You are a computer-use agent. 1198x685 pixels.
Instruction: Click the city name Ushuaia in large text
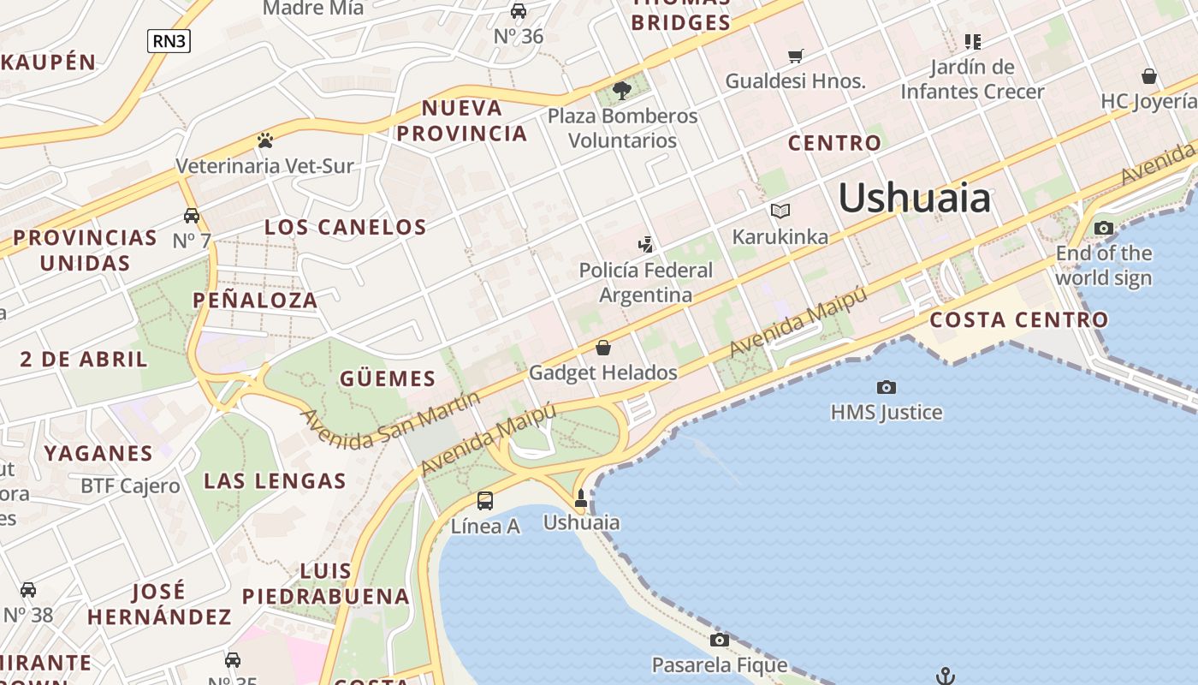click(x=914, y=199)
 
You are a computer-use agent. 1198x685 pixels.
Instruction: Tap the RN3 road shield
click(x=169, y=40)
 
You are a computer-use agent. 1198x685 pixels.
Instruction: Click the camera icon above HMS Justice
click(x=887, y=388)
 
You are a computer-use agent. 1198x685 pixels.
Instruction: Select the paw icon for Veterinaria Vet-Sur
click(x=265, y=140)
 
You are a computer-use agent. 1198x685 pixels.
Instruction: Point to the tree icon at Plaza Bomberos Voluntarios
click(x=622, y=90)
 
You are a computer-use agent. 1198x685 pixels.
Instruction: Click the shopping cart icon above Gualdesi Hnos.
click(x=796, y=57)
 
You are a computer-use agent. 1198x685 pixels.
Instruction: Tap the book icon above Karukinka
click(x=780, y=211)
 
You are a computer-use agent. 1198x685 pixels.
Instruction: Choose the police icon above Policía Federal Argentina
click(x=645, y=245)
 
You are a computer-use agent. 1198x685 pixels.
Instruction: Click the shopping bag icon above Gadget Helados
click(x=603, y=348)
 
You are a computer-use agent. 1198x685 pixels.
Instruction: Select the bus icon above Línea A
click(x=485, y=501)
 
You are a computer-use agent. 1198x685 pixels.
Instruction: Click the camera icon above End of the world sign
click(x=1104, y=228)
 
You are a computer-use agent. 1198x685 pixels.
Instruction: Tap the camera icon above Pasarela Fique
click(x=720, y=640)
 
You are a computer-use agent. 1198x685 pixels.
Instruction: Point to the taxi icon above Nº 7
click(x=192, y=216)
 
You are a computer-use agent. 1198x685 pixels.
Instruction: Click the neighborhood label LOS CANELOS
click(x=345, y=227)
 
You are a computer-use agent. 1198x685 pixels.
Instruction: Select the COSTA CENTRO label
click(x=1018, y=320)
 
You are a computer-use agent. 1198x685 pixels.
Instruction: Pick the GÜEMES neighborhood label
click(x=388, y=378)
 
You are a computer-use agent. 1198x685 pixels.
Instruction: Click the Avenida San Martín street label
click(x=389, y=420)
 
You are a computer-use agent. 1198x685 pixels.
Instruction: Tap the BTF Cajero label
click(x=130, y=486)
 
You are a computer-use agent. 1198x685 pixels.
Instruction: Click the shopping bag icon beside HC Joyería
click(x=1149, y=76)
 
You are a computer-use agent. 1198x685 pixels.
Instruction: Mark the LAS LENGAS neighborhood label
click(x=276, y=480)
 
